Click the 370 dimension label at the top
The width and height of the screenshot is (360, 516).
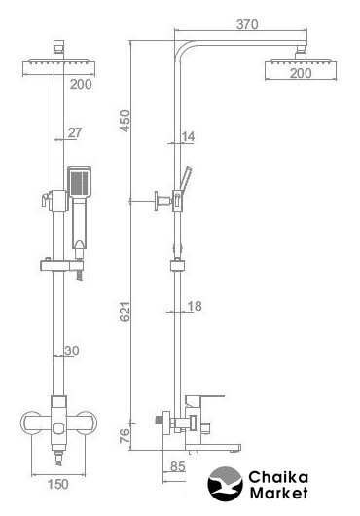[247, 24]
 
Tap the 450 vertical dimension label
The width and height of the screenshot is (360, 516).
[126, 121]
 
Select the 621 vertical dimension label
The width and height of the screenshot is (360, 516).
[125, 312]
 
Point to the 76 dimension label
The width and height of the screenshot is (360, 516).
[125, 436]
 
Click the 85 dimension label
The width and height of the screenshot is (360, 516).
[178, 466]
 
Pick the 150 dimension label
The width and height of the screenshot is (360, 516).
[57, 484]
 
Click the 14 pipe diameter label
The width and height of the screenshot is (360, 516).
[188, 136]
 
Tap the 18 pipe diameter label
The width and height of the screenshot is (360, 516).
[195, 306]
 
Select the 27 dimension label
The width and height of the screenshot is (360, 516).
[75, 132]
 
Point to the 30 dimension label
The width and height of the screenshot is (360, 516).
[72, 350]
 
